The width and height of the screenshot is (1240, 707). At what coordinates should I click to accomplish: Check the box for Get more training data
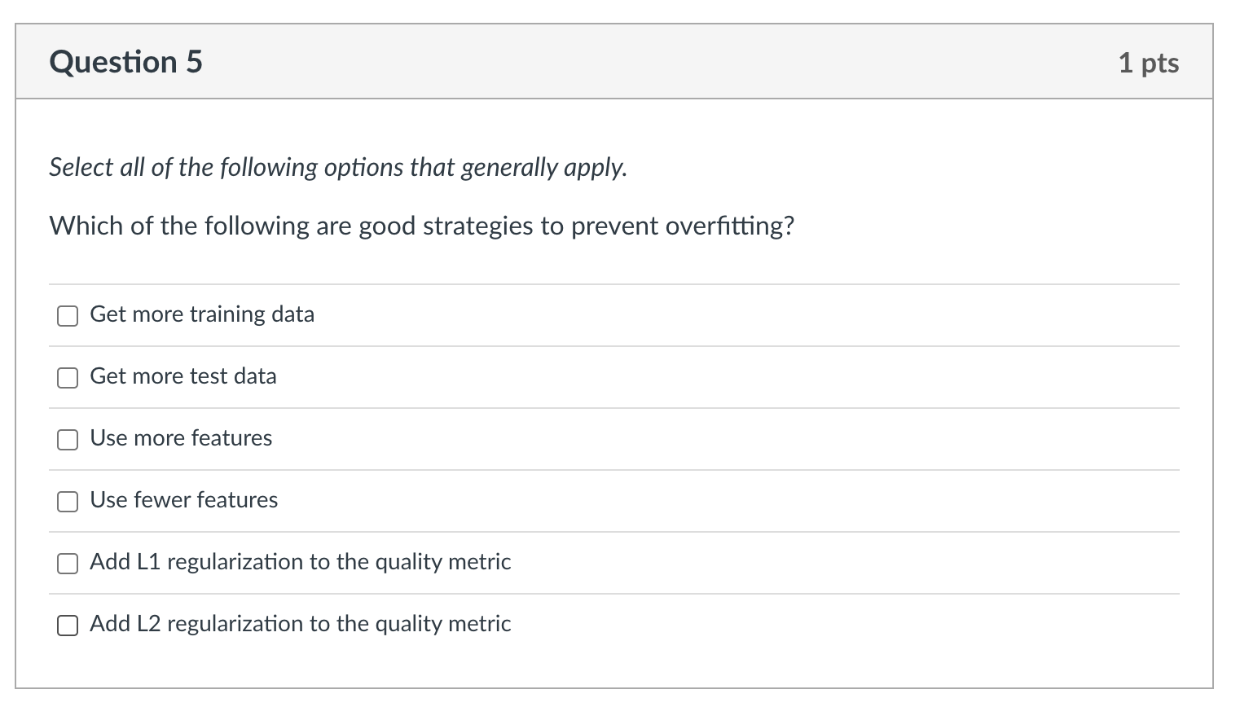[68, 316]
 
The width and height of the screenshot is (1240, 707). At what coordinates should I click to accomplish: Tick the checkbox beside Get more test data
[68, 378]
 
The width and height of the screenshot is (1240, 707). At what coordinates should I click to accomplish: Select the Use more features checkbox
[68, 440]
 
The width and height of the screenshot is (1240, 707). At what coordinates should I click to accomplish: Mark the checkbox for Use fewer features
[68, 502]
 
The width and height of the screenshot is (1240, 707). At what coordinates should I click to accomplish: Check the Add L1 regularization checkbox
[68, 564]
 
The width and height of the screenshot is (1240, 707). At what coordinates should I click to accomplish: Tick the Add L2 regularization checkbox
[68, 626]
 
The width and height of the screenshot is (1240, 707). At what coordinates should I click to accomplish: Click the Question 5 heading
[125, 63]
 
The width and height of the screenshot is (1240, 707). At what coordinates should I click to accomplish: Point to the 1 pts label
[1148, 63]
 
